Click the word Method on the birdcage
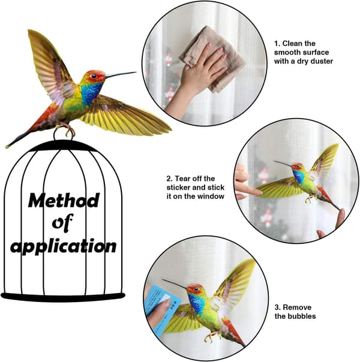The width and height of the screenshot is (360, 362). pos(64,200)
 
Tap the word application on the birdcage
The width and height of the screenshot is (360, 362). pos(63,246)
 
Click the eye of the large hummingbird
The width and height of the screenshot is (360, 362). pos(94,76)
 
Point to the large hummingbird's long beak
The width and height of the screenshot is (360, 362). pos(121,74)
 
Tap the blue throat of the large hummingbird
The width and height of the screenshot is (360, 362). pos(91,93)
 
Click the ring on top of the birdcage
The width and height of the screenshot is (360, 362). pos(64,134)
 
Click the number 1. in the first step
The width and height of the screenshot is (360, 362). pos(277,43)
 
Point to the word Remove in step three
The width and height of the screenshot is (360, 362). pos(297,307)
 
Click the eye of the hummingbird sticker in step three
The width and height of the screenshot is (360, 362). pos(196,289)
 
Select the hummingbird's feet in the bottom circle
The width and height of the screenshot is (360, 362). pos(212,336)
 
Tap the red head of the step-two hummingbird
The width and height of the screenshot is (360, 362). pos(297,166)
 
